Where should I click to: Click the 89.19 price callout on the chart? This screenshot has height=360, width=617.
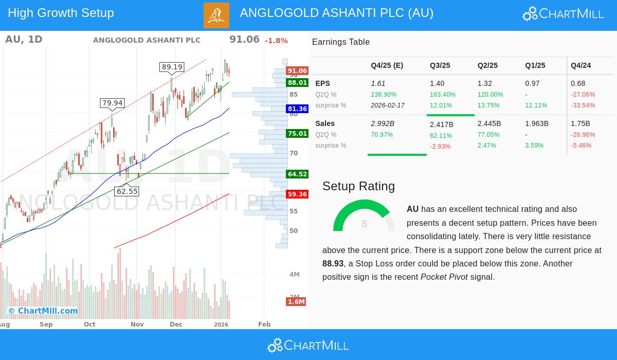coord(172,67)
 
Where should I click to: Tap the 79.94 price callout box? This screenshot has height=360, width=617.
coord(112,103)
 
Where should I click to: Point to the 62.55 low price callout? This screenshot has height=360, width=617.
coord(127,191)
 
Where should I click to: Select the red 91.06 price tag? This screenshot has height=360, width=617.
coord(297,71)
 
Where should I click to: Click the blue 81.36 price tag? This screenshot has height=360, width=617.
coord(297,109)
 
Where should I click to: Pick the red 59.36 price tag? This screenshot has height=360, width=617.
coord(297,194)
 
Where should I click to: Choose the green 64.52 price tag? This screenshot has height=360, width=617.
coord(297,174)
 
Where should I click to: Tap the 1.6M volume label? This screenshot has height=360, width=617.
coord(296,302)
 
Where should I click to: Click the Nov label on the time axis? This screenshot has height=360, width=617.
coord(137,325)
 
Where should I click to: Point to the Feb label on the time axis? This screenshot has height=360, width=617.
coord(264,325)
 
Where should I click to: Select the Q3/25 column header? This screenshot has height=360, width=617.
coord(440,66)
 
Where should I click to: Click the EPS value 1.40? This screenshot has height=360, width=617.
coord(437,83)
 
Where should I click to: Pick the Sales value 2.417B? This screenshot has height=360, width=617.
coord(442,124)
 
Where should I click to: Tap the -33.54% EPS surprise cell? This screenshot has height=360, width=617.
coord(583,105)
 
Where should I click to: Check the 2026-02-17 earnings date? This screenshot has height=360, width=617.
coord(388,105)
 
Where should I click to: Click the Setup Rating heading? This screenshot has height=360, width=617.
coord(358,186)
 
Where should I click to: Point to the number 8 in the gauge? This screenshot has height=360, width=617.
coord(364,224)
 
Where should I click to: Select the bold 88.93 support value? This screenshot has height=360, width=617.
coord(333,264)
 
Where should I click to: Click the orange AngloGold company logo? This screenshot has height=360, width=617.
coord(216,15)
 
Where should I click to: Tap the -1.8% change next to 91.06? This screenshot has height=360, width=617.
coord(276,41)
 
